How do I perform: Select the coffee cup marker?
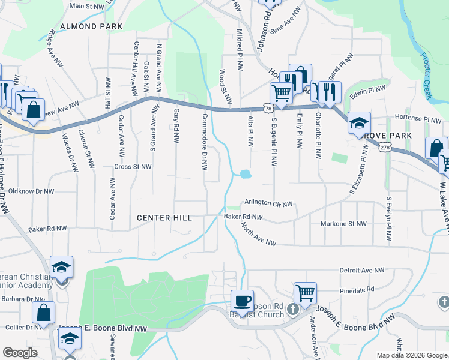coord(242,301)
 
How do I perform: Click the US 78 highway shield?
coord(268,109)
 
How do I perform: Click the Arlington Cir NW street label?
coord(268,204)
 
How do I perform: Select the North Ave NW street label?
coord(259,236)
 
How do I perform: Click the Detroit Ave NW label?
coord(361,271)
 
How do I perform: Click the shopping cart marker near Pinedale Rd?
coord(305,293)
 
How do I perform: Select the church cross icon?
coord(292,310)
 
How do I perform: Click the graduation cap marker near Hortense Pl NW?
coord(359,123)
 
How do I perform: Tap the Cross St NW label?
coord(133,167)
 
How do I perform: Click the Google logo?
coord(20,353)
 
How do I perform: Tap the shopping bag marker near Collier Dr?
coord(43,312)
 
